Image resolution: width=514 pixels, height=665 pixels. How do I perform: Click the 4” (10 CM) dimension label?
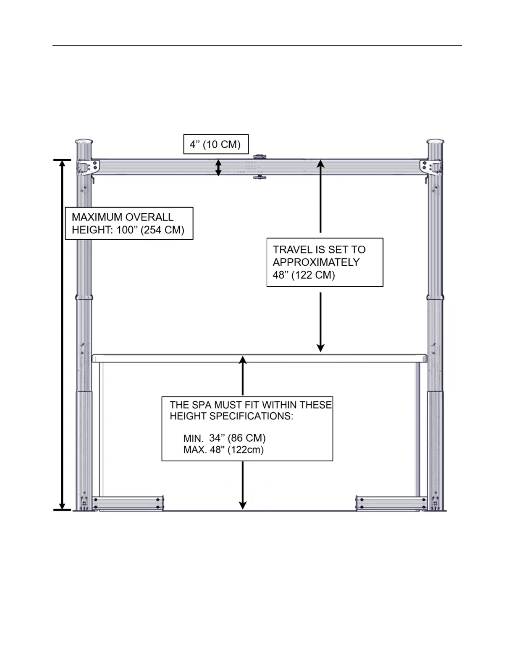click(215, 144)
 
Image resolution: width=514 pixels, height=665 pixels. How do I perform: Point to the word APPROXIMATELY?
click(316, 262)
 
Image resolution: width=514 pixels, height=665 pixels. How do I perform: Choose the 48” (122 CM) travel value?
click(304, 275)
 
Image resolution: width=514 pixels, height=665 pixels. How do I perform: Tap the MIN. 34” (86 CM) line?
click(225, 438)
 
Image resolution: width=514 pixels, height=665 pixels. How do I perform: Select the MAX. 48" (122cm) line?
click(223, 450)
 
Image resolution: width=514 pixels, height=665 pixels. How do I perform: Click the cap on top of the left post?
click(84, 141)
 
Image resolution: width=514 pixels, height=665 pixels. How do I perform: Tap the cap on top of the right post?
click(435, 141)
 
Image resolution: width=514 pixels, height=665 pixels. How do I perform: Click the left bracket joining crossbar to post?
click(89, 166)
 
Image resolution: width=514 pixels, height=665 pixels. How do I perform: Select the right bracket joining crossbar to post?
click(430, 166)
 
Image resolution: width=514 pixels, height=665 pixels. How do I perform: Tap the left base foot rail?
click(128, 503)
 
